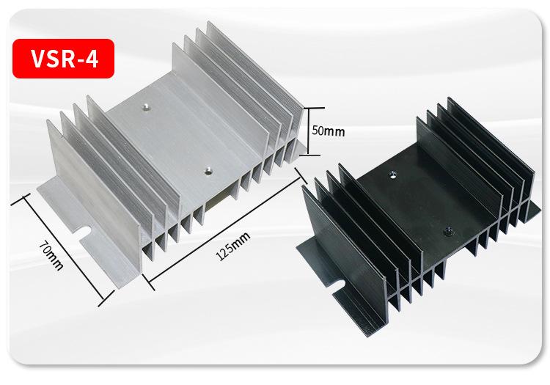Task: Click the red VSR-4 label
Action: (x=63, y=58)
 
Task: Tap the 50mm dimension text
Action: (x=329, y=131)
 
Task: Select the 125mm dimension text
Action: (x=233, y=246)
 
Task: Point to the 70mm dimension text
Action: (x=51, y=255)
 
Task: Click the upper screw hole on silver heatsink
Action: (x=145, y=106)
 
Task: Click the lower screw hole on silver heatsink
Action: (x=209, y=171)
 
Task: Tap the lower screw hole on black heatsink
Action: (x=447, y=231)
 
